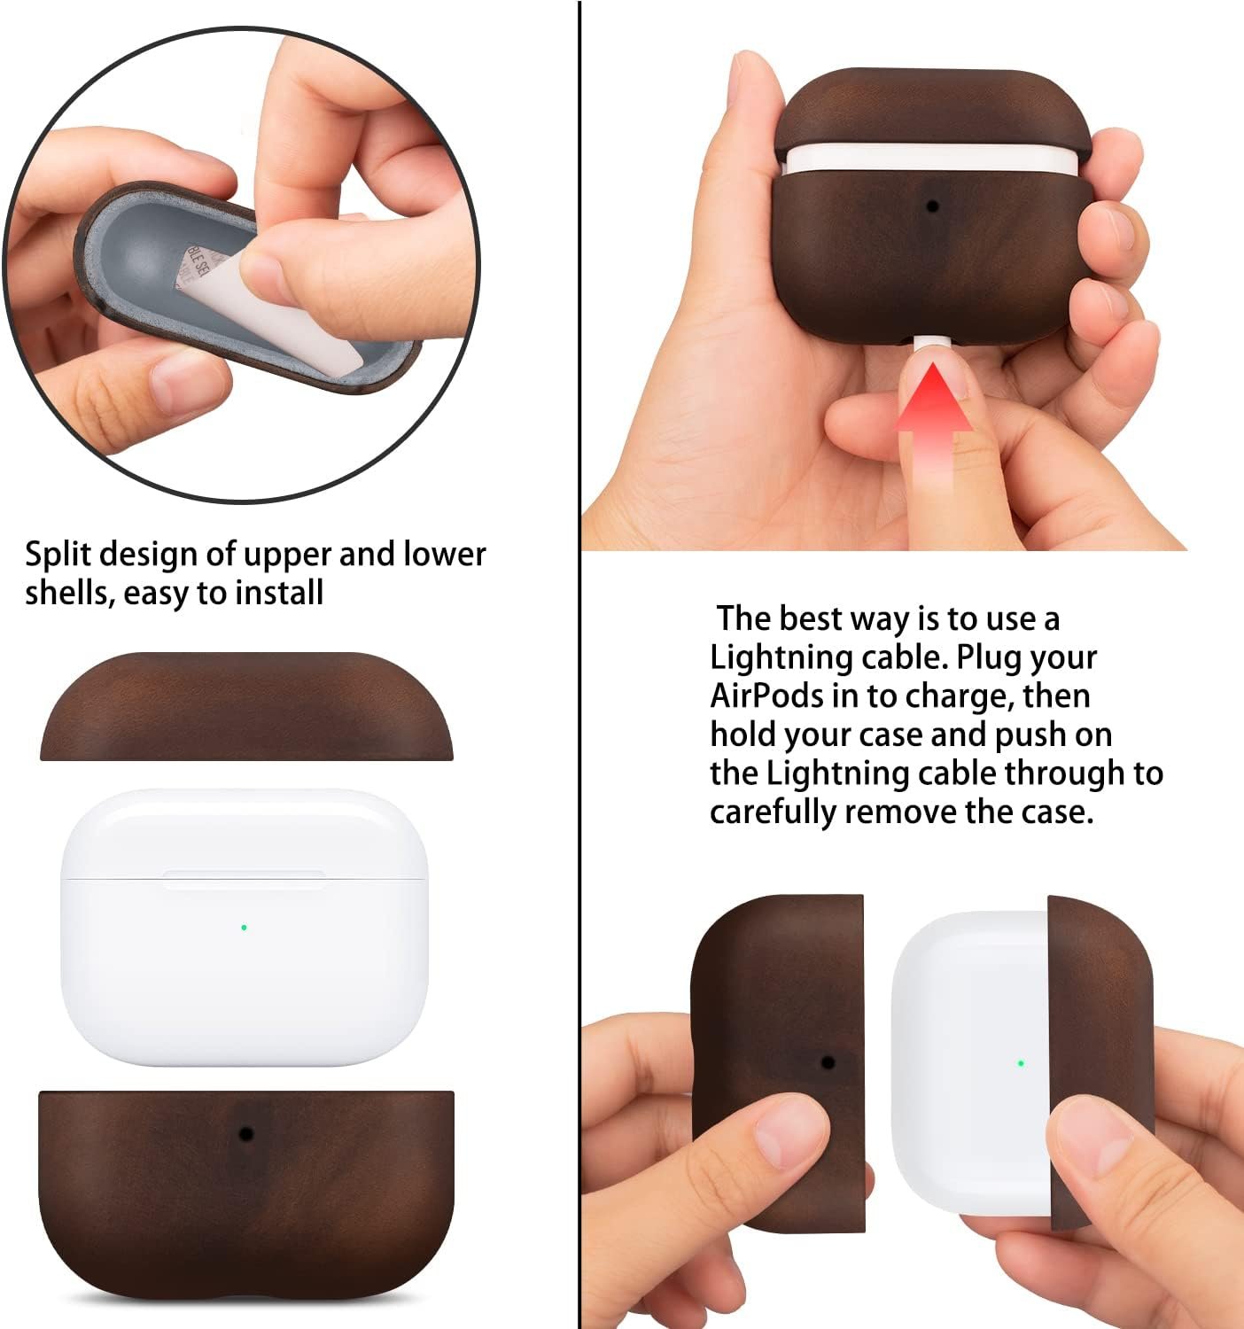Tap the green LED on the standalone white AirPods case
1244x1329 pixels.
click(244, 928)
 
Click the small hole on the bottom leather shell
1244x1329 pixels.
click(246, 1134)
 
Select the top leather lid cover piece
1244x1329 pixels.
click(246, 709)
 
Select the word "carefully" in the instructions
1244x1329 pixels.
click(772, 812)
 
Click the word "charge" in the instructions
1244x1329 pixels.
click(958, 696)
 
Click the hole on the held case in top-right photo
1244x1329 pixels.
click(932, 206)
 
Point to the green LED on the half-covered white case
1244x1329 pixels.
click(1021, 1062)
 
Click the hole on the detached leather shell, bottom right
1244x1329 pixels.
click(828, 1061)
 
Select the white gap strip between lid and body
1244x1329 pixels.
click(930, 158)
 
